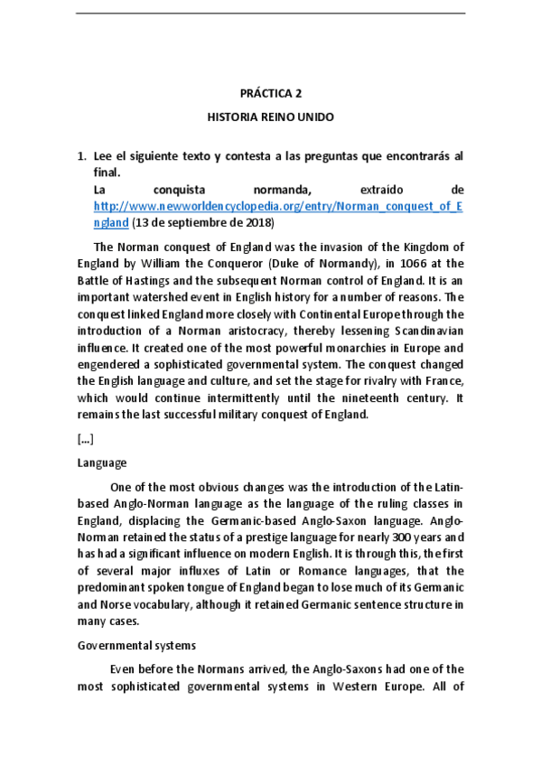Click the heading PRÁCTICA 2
270,94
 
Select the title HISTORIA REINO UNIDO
270,117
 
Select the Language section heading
102,462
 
